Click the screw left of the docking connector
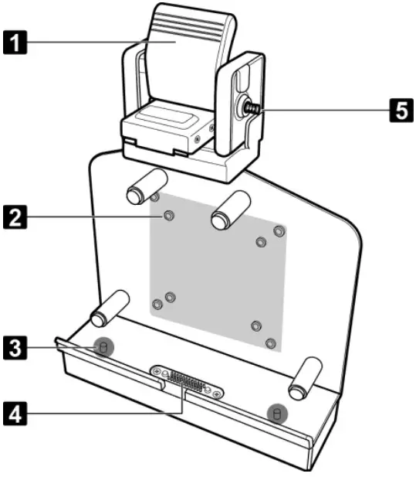[x=160, y=372]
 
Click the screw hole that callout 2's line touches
[x=164, y=219]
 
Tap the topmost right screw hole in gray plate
[x=279, y=230]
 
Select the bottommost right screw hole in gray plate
[x=269, y=342]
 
